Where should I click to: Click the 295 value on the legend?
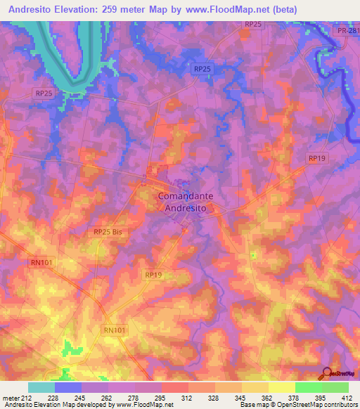(161, 397)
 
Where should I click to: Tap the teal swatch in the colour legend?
(41, 387)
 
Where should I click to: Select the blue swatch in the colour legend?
(68, 387)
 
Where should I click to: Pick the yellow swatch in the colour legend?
(282, 387)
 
